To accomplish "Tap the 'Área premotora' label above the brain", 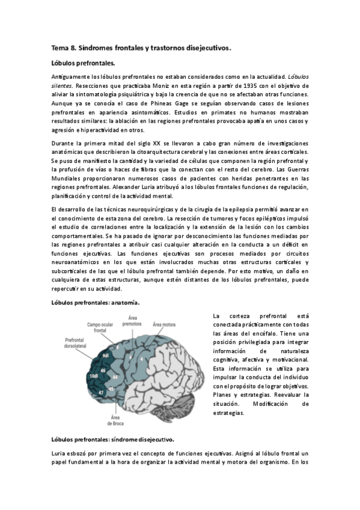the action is coord(132,321).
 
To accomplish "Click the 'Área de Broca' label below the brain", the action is coord(117,420).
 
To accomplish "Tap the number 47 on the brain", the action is coord(103,391).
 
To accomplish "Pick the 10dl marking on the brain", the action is coord(93,376).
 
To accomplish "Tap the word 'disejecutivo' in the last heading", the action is coord(153,440).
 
